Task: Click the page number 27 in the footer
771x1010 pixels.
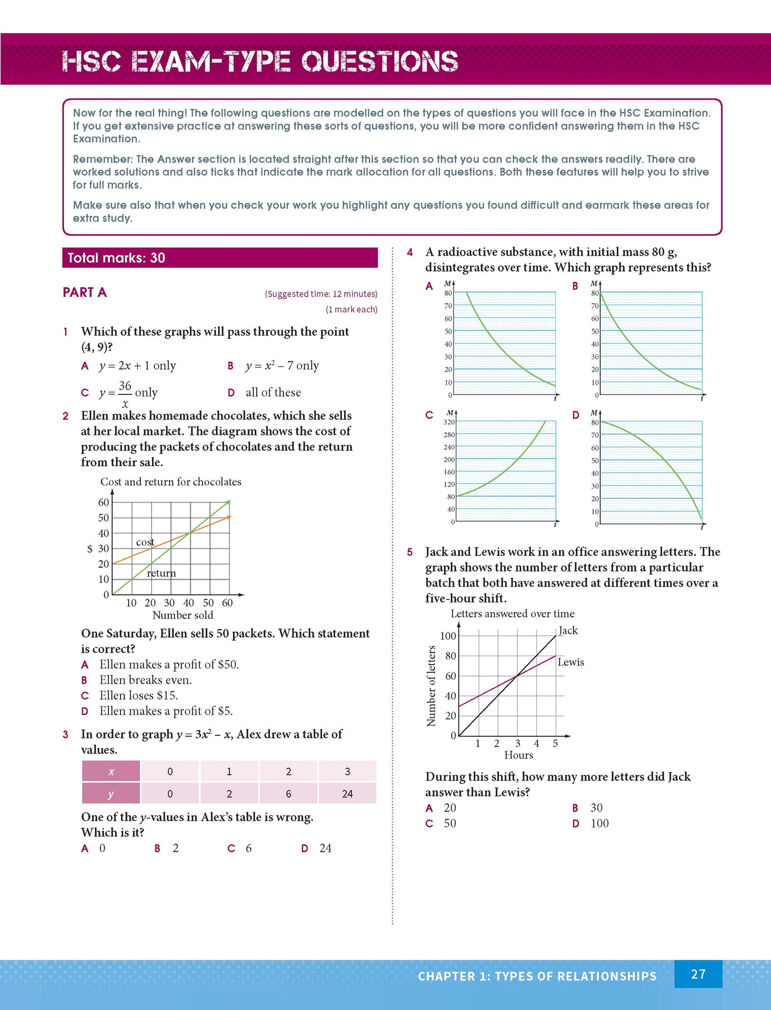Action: (x=698, y=974)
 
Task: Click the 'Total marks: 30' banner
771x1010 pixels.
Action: (x=116, y=258)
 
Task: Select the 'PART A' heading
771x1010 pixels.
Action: (x=85, y=292)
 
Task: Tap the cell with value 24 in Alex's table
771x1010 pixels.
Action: (x=347, y=793)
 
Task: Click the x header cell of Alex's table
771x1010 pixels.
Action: (x=111, y=772)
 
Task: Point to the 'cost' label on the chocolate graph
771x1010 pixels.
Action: (x=145, y=542)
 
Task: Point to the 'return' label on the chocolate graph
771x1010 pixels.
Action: (x=161, y=573)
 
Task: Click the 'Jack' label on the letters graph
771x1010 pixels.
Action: (x=568, y=630)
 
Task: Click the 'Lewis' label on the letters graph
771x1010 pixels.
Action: (x=571, y=662)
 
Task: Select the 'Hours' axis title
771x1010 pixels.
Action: (x=519, y=755)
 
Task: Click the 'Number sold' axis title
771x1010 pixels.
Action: (x=182, y=615)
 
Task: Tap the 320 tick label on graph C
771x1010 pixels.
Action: (x=449, y=422)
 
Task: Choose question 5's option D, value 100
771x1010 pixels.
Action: (x=599, y=823)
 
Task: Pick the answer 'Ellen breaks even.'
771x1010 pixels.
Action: (x=145, y=680)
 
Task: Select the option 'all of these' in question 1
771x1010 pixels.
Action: (x=273, y=393)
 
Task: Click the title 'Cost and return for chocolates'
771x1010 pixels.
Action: (x=171, y=482)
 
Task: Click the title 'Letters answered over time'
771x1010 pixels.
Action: (x=512, y=614)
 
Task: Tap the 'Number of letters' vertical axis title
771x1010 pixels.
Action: (x=431, y=686)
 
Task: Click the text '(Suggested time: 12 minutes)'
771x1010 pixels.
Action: (x=321, y=294)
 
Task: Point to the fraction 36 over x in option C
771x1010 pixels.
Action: (x=125, y=394)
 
